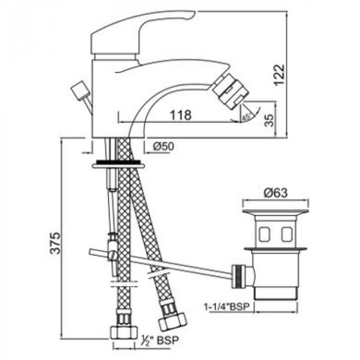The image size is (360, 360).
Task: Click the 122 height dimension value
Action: [279, 75]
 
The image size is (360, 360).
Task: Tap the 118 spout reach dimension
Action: [181, 115]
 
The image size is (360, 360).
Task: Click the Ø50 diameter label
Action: [164, 146]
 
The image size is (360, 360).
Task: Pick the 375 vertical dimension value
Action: [56, 243]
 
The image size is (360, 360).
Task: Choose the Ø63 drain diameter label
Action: [276, 193]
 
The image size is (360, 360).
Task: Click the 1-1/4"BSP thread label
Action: [227, 307]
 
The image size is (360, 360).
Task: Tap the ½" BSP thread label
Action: [160, 340]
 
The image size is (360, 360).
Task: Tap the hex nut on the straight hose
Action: [123, 332]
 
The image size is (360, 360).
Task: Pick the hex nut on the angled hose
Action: [173, 321]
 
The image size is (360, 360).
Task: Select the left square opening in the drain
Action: [264, 235]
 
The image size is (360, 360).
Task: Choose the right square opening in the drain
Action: [287, 235]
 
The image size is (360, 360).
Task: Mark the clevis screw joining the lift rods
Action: [113, 255]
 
